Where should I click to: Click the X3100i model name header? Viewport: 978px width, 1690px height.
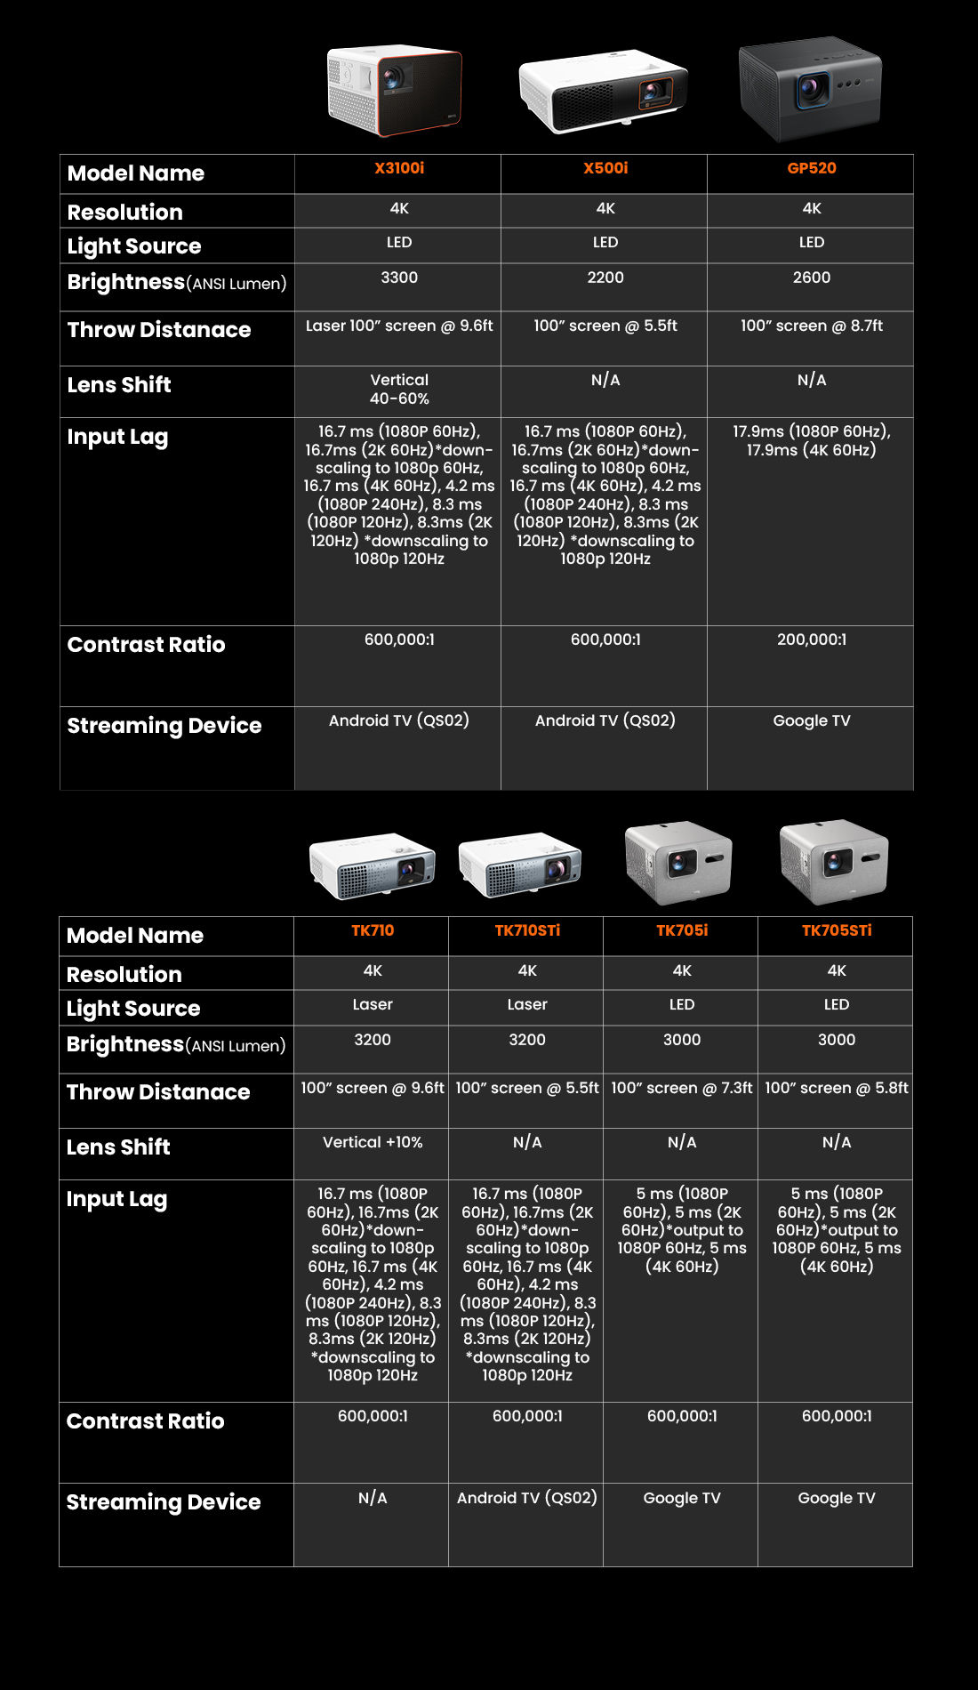click(399, 168)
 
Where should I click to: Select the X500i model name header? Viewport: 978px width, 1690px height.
click(605, 168)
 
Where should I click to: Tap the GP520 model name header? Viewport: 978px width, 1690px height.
click(811, 168)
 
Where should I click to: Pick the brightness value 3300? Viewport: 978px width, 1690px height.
click(399, 278)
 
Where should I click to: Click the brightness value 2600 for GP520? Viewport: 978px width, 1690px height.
click(811, 278)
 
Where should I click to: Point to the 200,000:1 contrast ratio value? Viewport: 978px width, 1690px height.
click(811, 640)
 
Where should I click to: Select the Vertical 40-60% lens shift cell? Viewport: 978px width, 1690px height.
click(399, 390)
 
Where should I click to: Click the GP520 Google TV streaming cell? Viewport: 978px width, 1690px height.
click(811, 720)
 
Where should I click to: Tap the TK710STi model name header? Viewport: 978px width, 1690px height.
click(527, 930)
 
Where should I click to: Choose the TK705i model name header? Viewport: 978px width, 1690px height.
click(682, 930)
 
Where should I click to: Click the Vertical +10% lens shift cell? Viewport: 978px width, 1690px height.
click(373, 1142)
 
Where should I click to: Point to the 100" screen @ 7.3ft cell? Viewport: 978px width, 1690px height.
click(681, 1088)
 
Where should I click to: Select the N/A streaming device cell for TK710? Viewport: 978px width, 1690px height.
click(373, 1498)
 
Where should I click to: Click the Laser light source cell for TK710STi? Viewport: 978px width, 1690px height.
click(527, 1004)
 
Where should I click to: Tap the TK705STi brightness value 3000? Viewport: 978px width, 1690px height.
click(837, 1040)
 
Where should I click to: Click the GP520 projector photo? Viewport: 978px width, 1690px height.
click(810, 89)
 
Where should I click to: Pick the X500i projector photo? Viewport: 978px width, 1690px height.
click(604, 92)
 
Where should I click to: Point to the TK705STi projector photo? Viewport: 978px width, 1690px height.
click(834, 861)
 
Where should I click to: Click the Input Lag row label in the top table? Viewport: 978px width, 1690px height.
click(117, 437)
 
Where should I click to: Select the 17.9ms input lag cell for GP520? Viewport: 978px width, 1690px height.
click(811, 441)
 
